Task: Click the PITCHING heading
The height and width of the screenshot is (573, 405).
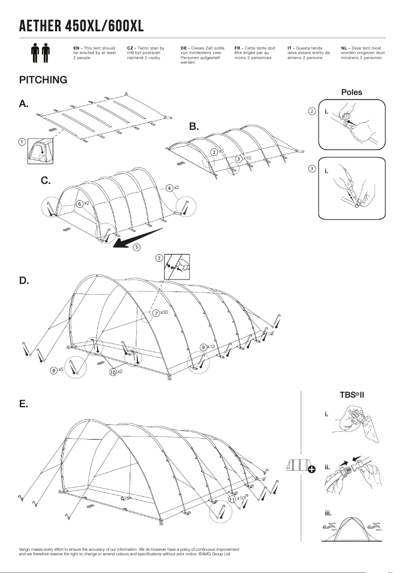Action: pos(43,80)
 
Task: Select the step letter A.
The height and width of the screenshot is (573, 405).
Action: pos(24,104)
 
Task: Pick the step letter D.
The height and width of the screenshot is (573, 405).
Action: pos(24,280)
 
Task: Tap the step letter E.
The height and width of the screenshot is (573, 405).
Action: pos(23,404)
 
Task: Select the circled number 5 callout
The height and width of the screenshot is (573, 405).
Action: pos(137,248)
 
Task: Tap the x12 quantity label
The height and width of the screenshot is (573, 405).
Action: pos(211,347)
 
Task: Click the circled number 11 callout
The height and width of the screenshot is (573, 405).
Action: pos(232,499)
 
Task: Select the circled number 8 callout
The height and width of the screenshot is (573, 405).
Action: pos(54,370)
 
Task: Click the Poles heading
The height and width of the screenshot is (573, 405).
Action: pos(351,92)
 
